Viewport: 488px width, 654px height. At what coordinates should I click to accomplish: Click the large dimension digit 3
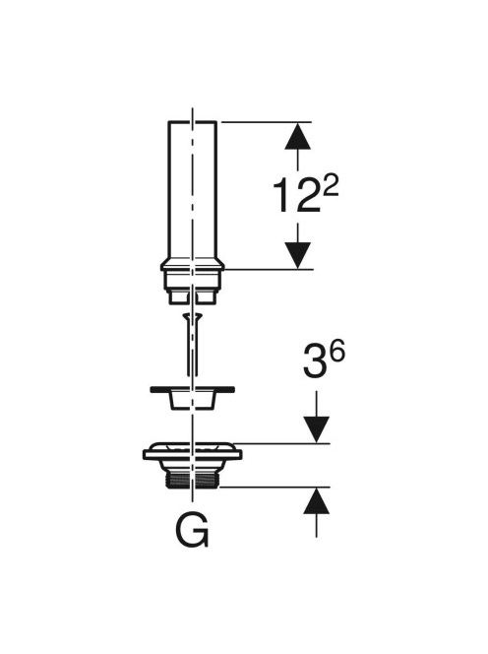click(x=314, y=360)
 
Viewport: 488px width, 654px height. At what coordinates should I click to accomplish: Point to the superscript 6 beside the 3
click(x=336, y=353)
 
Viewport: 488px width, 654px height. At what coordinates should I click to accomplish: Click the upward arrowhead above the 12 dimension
click(x=297, y=135)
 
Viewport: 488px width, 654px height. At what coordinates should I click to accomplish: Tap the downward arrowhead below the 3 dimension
click(x=316, y=429)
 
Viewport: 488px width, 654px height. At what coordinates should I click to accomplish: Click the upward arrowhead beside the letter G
click(x=316, y=500)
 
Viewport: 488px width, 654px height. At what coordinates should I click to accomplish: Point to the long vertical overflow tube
click(x=192, y=192)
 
